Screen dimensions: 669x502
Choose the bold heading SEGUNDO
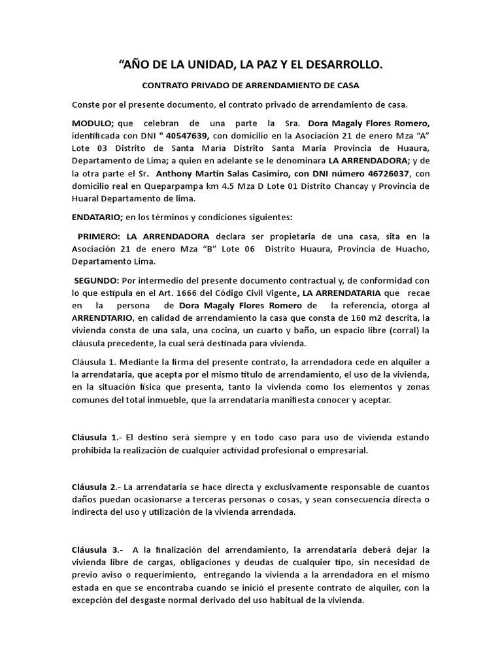pyautogui.click(x=97, y=280)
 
